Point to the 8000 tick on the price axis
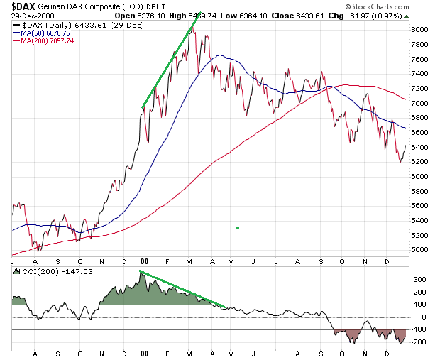tap(419, 30)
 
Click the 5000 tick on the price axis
tap(419, 250)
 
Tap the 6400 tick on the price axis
tap(419, 147)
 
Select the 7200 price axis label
tap(419, 89)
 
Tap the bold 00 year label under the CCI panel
tap(144, 353)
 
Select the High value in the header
tap(189, 14)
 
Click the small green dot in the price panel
tap(238, 227)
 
